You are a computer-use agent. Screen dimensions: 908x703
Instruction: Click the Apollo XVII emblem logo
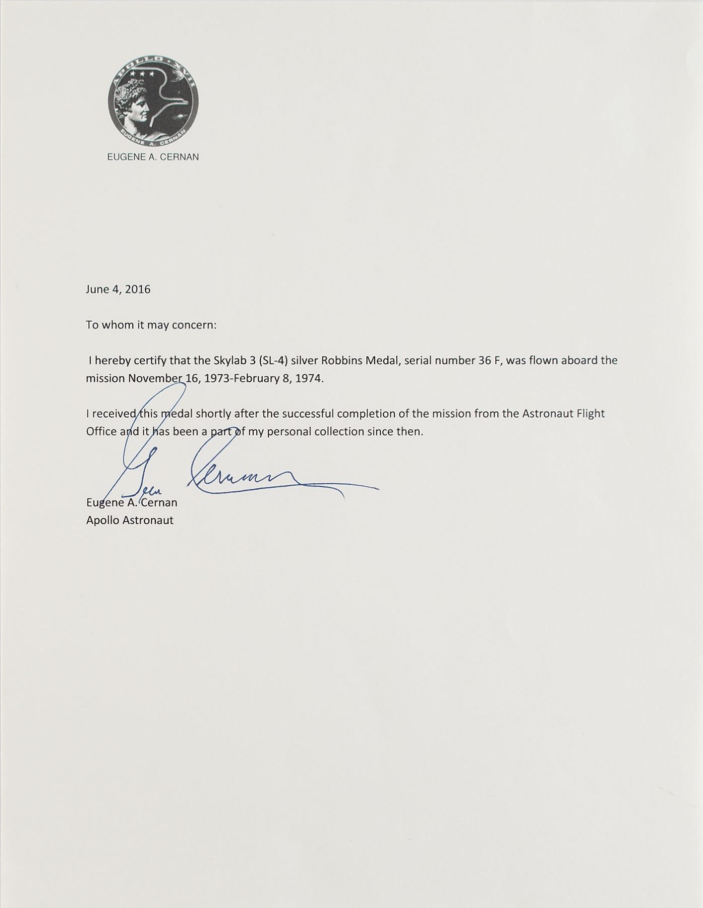(x=153, y=100)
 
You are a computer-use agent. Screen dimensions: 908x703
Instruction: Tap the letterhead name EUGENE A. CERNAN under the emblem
(x=153, y=157)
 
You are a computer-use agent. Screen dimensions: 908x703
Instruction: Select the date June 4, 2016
(x=118, y=290)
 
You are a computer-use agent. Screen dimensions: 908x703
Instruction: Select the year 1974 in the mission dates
(x=308, y=378)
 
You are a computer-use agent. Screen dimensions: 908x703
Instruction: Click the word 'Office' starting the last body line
(x=101, y=432)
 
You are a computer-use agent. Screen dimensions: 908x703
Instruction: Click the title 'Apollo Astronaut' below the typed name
(x=130, y=520)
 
